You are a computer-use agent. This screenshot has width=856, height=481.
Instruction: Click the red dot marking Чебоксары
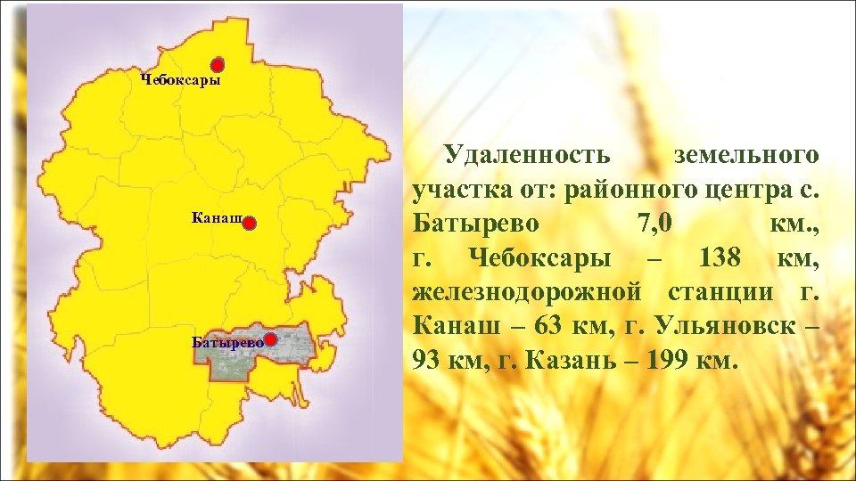pos(218,65)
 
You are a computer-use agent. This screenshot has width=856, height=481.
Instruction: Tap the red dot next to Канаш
pos(250,224)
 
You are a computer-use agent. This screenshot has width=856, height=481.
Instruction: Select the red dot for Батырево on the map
pos(271,339)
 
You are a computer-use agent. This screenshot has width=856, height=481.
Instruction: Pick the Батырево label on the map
pos(227,341)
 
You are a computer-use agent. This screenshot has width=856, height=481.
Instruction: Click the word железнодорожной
pos(528,292)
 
